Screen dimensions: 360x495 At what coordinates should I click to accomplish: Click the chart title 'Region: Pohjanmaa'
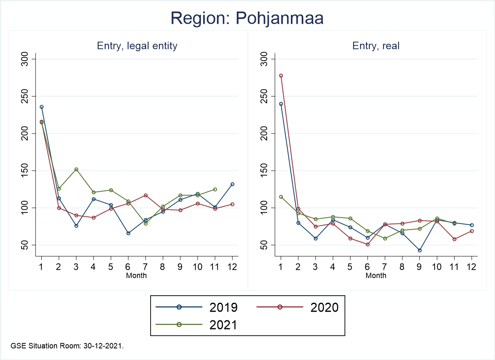[x=247, y=19]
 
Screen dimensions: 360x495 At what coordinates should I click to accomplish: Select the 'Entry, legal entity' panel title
[x=137, y=46]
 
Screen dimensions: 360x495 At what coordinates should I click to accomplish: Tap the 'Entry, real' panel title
[x=376, y=46]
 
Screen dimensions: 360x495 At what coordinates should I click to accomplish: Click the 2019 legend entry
[x=196, y=307]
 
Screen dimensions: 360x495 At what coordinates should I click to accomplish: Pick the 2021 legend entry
[x=196, y=325]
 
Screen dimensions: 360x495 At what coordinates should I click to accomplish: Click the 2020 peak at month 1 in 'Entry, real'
[x=281, y=76]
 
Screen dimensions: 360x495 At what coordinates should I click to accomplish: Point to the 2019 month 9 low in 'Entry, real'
[x=419, y=250]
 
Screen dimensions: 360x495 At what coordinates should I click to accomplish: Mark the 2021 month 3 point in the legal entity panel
[x=76, y=170]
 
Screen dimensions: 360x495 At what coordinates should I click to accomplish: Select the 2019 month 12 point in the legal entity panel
[x=232, y=184]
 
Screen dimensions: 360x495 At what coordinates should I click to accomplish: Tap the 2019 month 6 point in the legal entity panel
[x=128, y=233]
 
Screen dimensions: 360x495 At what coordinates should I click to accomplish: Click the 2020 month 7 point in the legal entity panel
[x=146, y=195]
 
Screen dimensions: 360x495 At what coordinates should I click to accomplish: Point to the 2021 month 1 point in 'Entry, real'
[x=281, y=197]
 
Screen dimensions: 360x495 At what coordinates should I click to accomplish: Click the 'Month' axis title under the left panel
[x=136, y=276]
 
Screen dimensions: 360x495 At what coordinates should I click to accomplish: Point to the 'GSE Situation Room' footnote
[x=67, y=346]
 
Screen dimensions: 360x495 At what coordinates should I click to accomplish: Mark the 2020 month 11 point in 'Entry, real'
[x=454, y=239]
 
